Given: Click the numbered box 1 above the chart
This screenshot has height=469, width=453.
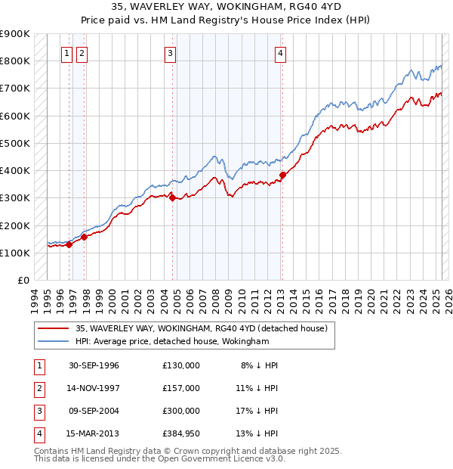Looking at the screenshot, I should (x=68, y=53).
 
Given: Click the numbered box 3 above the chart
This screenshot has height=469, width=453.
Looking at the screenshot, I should (x=171, y=53).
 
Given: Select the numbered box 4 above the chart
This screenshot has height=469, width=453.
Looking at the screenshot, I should (x=280, y=53).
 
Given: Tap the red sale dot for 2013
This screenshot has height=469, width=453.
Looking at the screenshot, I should (x=282, y=175).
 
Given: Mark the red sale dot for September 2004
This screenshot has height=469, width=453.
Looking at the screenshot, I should (x=173, y=198).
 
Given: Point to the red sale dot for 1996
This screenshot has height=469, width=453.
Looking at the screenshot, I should (x=69, y=244).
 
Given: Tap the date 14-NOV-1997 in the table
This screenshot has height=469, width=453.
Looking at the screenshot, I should (x=94, y=388).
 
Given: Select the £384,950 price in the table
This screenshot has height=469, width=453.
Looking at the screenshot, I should (x=181, y=433).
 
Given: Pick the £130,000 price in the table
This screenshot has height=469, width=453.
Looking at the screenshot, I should (x=181, y=365).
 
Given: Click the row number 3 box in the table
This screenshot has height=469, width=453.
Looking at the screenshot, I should (x=39, y=411).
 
